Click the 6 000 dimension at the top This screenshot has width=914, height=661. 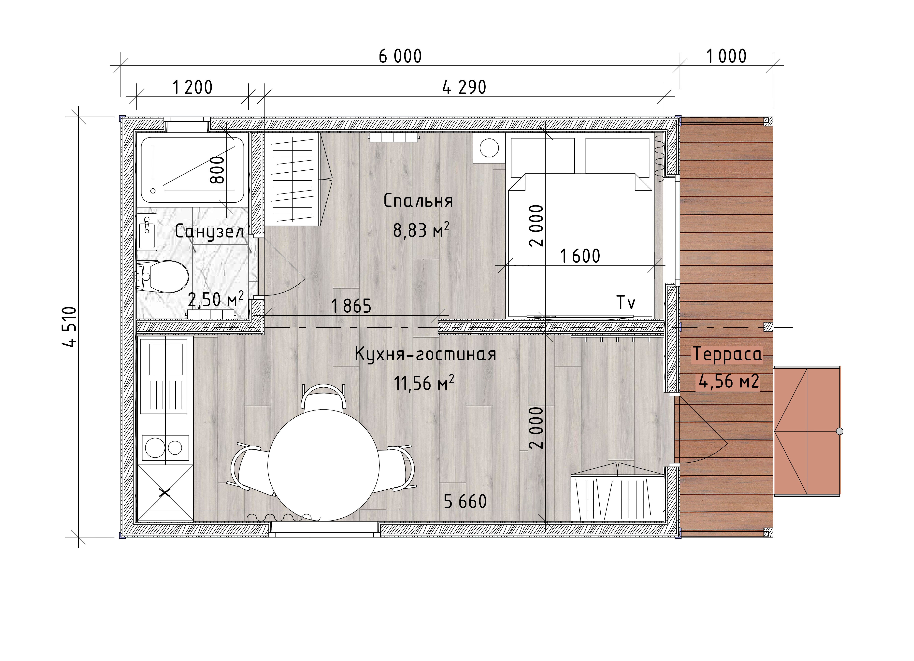[x=400, y=56]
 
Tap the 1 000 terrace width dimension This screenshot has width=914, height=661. [x=726, y=56]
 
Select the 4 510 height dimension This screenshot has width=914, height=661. [x=69, y=326]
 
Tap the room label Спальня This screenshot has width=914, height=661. [x=418, y=201]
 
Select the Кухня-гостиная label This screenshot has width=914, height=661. [x=425, y=354]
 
